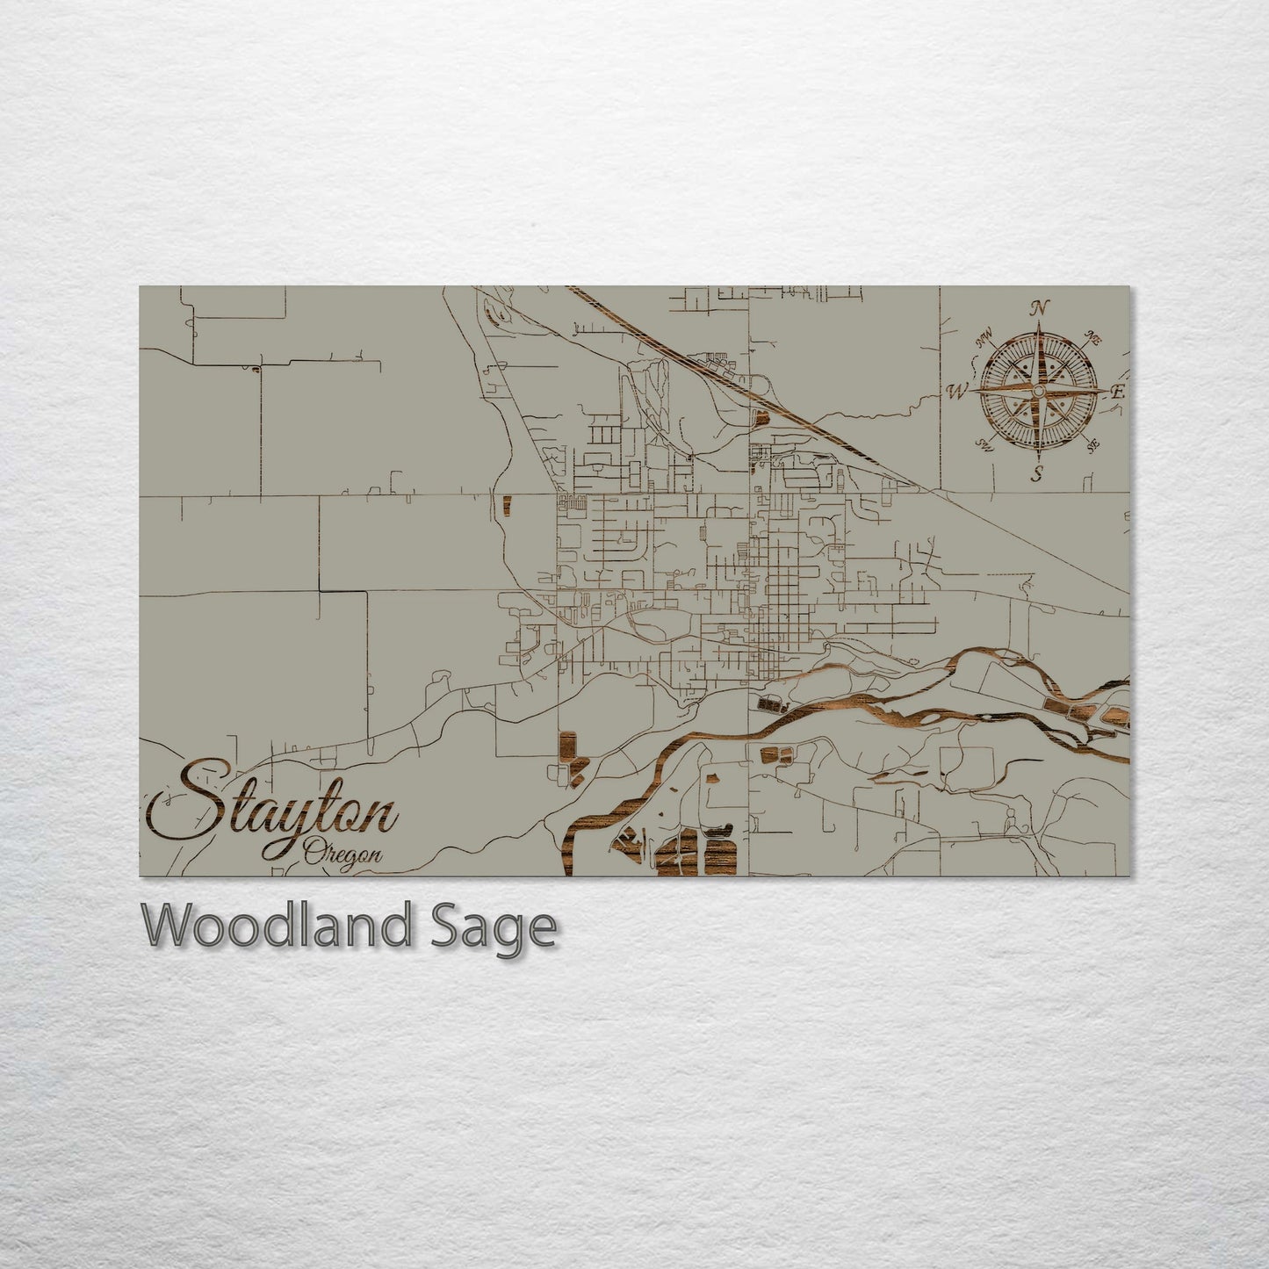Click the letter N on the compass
point(1041,308)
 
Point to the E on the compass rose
point(1117,393)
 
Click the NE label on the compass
point(1093,337)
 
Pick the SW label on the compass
point(985,445)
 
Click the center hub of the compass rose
point(1038,390)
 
